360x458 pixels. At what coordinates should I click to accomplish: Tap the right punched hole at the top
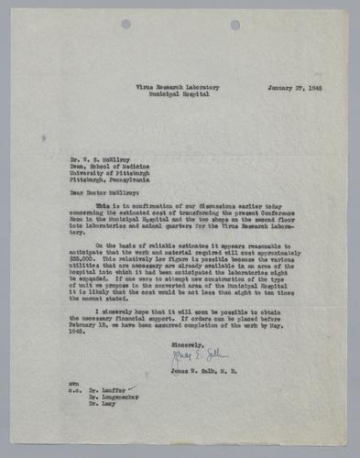(236, 24)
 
